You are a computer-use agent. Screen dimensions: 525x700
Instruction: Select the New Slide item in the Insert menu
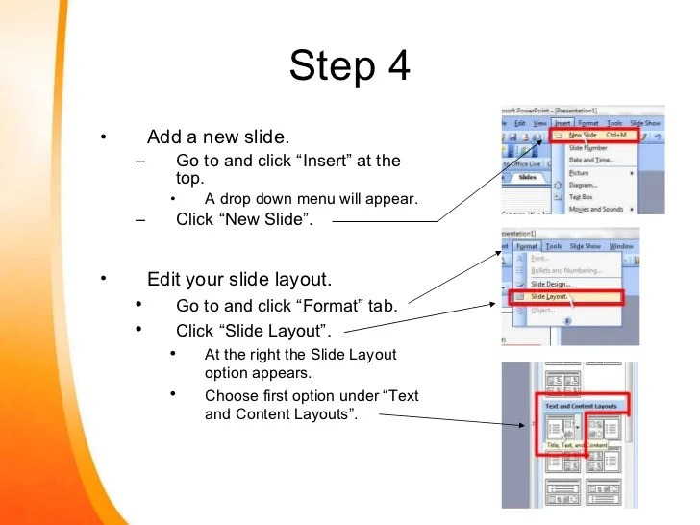pos(589,136)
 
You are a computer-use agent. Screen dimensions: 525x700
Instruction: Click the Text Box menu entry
pos(585,196)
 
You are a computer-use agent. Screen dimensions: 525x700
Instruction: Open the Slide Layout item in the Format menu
pos(549,298)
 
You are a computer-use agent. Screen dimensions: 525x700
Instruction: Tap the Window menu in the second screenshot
pos(621,246)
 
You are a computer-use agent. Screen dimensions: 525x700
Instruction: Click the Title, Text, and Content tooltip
pos(576,445)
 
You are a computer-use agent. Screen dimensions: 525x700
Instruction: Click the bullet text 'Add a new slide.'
pos(217,137)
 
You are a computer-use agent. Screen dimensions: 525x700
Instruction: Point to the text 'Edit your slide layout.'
pos(238,280)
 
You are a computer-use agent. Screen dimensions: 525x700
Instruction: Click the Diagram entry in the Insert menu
pos(583,185)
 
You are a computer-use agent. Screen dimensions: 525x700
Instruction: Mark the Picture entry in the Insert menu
pos(580,172)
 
